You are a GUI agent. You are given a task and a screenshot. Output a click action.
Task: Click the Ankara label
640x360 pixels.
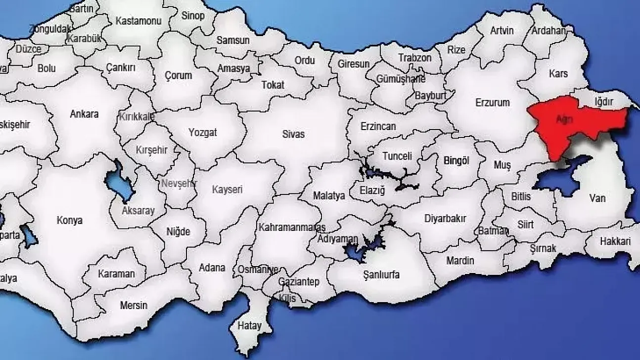(84, 114)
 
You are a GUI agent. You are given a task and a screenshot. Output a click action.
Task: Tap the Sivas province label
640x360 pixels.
(293, 134)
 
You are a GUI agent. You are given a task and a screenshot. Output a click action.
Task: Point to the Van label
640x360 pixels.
(597, 198)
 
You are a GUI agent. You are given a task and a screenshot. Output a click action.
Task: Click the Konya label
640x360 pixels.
(70, 221)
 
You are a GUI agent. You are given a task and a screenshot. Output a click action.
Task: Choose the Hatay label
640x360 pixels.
(249, 326)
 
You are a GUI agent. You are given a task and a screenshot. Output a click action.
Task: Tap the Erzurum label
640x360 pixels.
(492, 103)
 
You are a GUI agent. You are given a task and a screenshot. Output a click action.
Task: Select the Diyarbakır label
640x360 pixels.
(445, 219)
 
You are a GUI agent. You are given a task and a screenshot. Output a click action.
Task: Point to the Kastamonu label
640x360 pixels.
(132, 21)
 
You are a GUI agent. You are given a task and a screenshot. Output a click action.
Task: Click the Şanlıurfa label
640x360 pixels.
(381, 275)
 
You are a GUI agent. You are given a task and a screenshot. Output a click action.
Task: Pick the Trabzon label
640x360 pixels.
(415, 58)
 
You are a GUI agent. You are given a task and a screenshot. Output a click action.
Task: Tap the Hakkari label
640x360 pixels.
(615, 242)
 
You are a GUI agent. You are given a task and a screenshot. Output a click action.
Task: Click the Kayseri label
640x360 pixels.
(227, 189)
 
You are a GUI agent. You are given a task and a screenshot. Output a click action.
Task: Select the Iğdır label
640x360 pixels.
(603, 101)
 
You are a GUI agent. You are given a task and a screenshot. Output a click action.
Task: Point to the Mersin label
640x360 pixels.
(134, 305)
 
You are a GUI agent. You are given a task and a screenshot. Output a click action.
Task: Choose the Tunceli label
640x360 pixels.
(397, 156)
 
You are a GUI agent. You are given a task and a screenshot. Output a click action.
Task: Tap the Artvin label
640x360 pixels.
(502, 31)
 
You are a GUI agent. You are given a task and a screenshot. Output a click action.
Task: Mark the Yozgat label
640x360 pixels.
(203, 133)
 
